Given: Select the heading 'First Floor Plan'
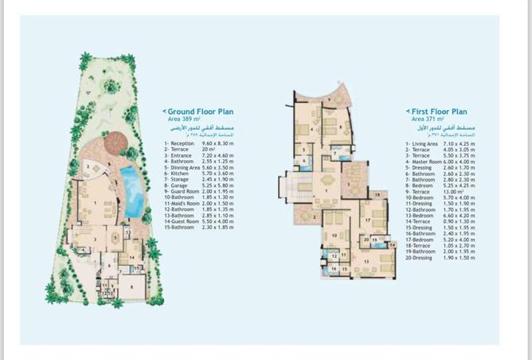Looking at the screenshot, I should click(439, 112).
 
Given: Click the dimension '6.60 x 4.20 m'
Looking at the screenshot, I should click(461, 215).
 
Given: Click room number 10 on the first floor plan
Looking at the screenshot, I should click(333, 235).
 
